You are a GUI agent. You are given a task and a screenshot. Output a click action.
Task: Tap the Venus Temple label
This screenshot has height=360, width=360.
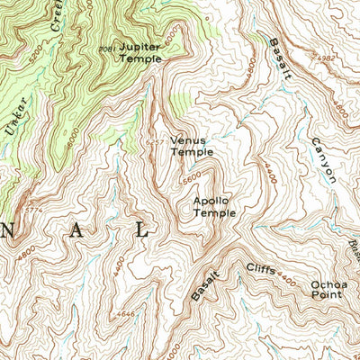[x=192, y=146]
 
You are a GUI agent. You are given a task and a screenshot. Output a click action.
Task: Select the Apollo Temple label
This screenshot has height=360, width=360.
[x=214, y=207]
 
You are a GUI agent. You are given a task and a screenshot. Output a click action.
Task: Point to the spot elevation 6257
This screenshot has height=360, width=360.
[x=156, y=141]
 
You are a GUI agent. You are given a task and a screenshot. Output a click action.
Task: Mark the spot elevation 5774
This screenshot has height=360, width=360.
[x=35, y=211]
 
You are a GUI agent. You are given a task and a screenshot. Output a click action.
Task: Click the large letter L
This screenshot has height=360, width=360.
[x=141, y=231]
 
